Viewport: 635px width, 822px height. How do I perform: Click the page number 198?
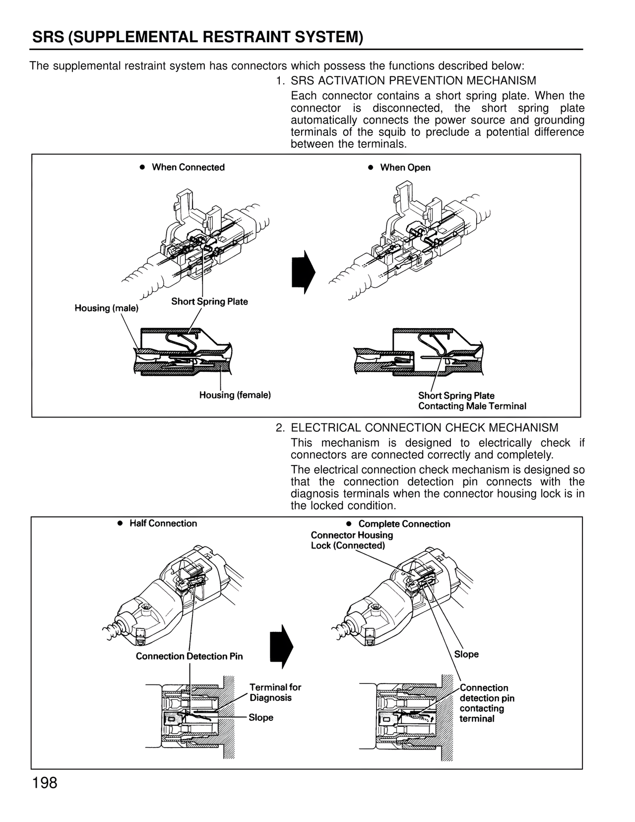45,783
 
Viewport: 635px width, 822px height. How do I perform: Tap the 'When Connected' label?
188,167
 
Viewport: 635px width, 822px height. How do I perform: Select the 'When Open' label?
405,168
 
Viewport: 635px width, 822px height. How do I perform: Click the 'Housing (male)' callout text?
107,308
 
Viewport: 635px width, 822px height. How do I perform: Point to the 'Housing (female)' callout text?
235,395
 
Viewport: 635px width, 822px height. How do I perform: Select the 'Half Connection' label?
163,524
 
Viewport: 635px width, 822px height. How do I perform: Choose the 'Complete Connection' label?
404,524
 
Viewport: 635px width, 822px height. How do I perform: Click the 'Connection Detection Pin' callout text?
189,656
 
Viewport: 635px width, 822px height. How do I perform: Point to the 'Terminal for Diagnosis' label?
275,692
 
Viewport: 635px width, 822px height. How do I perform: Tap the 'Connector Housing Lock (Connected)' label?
352,541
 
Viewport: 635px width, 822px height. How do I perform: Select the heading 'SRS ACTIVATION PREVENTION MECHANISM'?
413,80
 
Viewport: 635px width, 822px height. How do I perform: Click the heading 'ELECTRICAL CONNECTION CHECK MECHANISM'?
424,428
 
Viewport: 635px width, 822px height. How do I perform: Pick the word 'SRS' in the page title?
48,37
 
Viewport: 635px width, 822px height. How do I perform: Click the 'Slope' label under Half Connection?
261,718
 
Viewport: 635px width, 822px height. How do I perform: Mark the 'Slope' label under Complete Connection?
466,654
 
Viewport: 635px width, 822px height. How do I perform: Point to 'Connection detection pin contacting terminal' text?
486,703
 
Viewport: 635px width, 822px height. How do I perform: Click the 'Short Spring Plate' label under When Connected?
209,302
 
